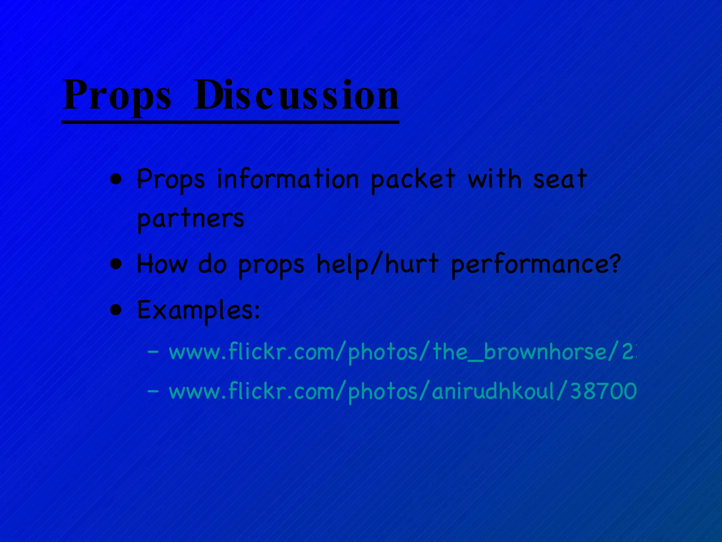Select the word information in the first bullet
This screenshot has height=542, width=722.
(x=287, y=179)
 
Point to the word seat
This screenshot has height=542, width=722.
(x=560, y=179)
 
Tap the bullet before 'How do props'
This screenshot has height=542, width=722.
(x=116, y=264)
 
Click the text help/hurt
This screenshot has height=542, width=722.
(x=377, y=264)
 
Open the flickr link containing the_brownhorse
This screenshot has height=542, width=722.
(x=402, y=352)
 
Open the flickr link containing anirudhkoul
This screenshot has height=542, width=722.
(x=402, y=392)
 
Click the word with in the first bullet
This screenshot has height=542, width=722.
(x=494, y=179)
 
